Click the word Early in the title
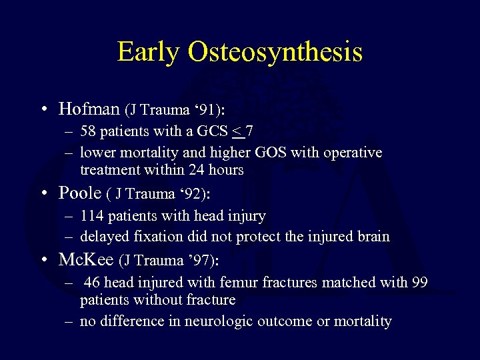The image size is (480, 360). [148, 51]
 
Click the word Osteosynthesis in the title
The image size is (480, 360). [275, 53]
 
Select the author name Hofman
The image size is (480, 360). [89, 108]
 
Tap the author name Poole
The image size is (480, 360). [79, 193]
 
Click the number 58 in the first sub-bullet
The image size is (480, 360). [89, 132]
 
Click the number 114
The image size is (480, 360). [93, 216]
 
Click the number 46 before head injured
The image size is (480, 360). [93, 282]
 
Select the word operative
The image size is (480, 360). [352, 153]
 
